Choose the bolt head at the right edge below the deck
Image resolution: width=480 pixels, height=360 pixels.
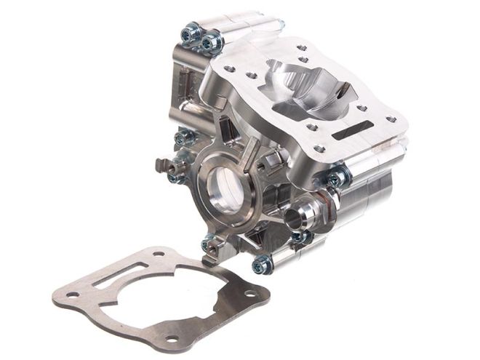[334, 179]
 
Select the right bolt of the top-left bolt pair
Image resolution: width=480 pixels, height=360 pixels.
[209, 42]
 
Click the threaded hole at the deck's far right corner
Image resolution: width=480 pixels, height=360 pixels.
[394, 116]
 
